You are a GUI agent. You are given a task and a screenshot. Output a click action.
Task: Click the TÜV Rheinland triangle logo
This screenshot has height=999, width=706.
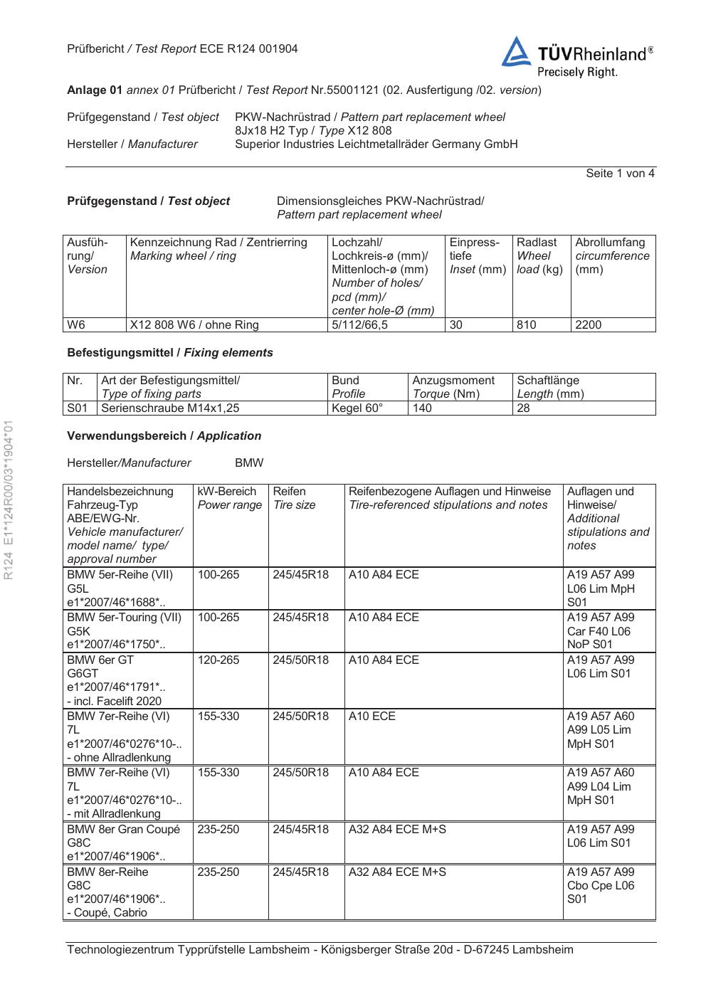click(x=516, y=53)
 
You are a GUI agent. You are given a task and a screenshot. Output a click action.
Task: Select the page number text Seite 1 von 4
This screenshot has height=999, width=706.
click(x=620, y=174)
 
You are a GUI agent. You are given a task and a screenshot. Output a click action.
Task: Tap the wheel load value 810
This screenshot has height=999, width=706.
click(x=527, y=325)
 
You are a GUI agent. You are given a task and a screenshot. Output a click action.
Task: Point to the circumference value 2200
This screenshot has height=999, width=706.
click(x=588, y=325)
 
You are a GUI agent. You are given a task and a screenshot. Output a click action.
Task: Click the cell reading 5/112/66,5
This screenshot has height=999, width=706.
click(x=359, y=325)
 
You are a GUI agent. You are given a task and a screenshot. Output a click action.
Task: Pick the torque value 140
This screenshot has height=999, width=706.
click(x=422, y=408)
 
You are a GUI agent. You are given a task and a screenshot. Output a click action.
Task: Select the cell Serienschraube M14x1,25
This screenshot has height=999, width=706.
click(x=171, y=408)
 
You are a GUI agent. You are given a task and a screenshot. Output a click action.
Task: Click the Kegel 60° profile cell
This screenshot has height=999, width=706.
click(x=357, y=408)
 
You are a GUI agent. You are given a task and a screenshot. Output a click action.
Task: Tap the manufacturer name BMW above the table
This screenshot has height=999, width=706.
click(x=249, y=463)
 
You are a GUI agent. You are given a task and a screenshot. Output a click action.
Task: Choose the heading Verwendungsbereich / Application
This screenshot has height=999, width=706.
click(x=164, y=436)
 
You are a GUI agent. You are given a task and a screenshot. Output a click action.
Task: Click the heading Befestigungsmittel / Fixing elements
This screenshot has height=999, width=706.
click(x=169, y=353)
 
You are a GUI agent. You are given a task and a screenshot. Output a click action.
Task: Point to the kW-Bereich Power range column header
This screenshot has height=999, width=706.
click(x=229, y=498)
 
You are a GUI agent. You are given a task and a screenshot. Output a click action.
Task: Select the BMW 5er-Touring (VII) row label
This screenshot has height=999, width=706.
click(x=125, y=618)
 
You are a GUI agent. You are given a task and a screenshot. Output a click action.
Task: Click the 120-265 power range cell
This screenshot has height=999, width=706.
click(x=218, y=660)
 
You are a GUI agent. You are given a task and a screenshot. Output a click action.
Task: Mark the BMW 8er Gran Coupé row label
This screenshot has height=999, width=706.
click(x=124, y=830)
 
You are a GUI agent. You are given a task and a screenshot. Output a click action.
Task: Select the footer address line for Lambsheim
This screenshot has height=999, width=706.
click(x=320, y=950)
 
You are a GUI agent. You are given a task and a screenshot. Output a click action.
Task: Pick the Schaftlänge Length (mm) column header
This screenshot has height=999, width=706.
click(x=550, y=387)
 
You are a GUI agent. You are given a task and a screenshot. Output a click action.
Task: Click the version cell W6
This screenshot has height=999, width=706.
click(x=76, y=325)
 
